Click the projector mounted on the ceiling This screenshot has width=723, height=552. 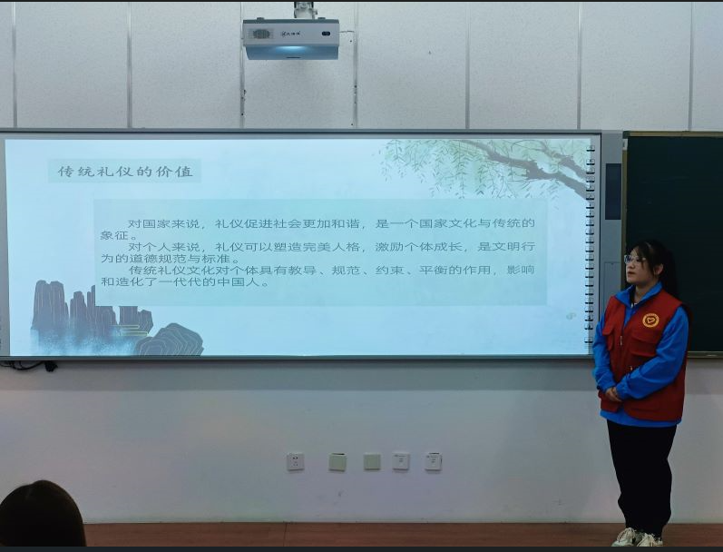tap(290, 37)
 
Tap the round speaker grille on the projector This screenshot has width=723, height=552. tap(261, 34)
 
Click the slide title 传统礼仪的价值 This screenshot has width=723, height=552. tap(125, 171)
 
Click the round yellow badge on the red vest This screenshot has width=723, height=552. tap(650, 320)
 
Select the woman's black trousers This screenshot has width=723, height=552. tap(641, 472)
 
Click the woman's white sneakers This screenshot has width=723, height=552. tap(638, 537)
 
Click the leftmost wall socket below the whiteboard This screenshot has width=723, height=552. tap(296, 461)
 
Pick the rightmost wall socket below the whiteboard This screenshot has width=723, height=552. tap(433, 461)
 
